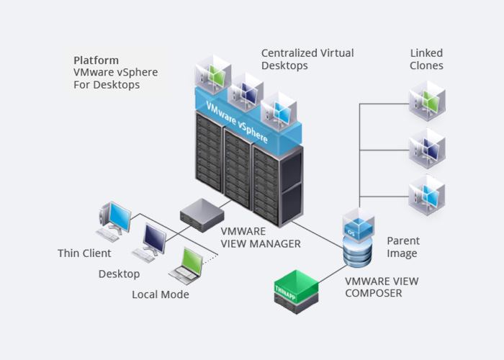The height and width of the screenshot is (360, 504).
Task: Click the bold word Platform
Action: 96,60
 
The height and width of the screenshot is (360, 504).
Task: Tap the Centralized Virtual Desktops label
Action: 307,59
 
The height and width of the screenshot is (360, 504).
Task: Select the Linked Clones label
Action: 426,59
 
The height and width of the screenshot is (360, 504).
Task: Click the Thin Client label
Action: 84,253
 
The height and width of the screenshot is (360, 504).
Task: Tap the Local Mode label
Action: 160,294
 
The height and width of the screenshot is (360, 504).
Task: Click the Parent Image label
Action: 403,247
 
